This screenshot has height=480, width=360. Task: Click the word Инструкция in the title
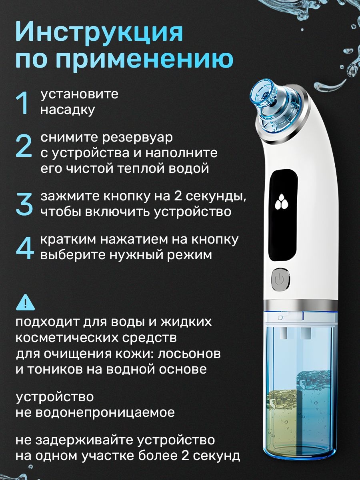click(100, 33)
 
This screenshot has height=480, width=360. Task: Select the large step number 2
click(24, 146)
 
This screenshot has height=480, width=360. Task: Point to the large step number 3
click(24, 204)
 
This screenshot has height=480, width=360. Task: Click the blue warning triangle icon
click(25, 302)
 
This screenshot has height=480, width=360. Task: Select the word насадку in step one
click(68, 110)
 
